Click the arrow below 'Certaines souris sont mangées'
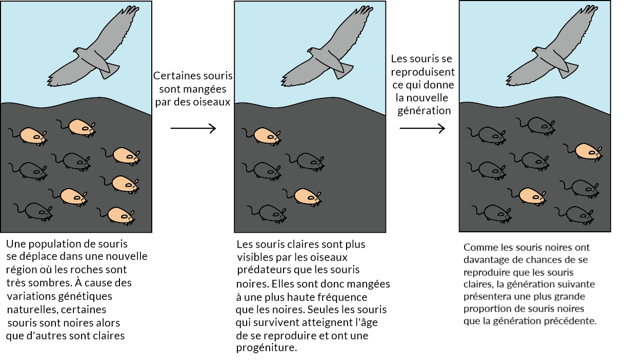193,128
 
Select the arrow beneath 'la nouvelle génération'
422,128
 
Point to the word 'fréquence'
343,297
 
